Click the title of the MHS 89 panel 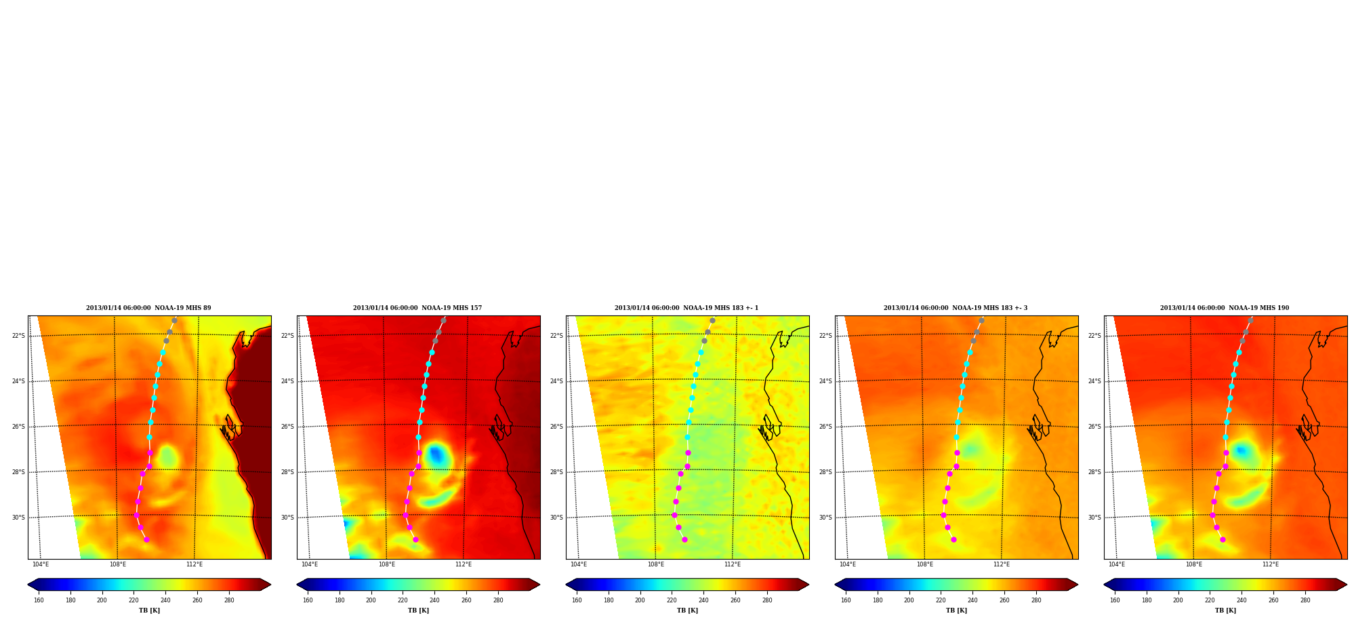[148, 308]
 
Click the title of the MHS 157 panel [417, 308]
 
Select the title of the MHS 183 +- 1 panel [686, 308]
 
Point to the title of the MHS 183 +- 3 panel [956, 308]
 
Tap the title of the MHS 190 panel [1225, 308]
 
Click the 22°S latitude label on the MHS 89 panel [18, 336]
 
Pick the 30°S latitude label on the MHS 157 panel [287, 518]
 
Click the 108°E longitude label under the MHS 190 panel [1193, 564]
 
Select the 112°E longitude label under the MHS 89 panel [194, 564]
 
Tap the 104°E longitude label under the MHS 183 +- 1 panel [579, 564]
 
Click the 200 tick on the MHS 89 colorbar [102, 600]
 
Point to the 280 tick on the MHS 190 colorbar [1305, 600]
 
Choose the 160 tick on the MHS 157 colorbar [308, 600]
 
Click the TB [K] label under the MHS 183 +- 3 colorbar [956, 611]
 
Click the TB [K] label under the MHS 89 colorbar [149, 611]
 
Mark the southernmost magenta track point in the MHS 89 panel [146, 539]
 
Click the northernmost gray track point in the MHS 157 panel [443, 320]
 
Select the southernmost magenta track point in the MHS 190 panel [1223, 539]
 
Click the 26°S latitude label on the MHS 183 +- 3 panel [825, 427]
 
